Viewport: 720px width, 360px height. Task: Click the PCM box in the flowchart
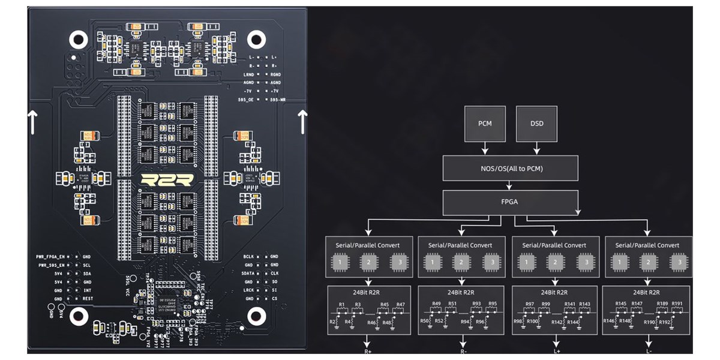coord(485,124)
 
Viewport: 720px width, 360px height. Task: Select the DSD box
coord(537,124)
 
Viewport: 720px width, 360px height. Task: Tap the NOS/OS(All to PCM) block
coord(511,169)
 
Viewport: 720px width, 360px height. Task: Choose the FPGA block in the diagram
coord(511,202)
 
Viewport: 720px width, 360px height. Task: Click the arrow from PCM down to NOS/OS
coord(485,148)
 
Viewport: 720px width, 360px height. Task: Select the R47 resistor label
coord(400,305)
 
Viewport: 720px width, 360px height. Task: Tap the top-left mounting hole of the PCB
coord(79,40)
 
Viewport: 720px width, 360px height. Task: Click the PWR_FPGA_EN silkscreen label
coord(49,256)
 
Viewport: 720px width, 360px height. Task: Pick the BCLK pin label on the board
coord(250,256)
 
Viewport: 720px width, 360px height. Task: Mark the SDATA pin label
coord(249,273)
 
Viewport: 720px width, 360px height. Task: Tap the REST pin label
coord(88,298)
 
